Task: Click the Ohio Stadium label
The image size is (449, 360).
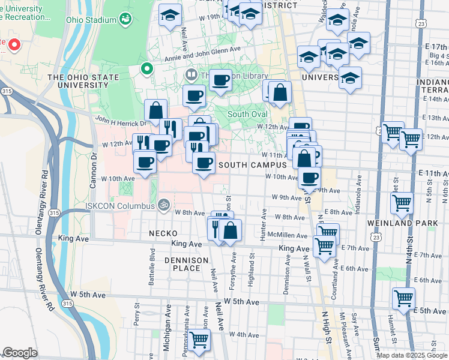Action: pos(91,20)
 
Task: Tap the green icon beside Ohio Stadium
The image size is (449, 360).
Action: pos(126,20)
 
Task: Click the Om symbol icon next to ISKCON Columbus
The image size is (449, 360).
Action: pos(163,205)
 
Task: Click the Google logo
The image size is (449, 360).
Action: pos(20,353)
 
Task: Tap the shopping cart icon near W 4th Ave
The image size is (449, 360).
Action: pos(199,340)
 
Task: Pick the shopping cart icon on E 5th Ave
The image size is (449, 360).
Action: pos(403,297)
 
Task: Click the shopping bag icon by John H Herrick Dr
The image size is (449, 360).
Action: pos(155,110)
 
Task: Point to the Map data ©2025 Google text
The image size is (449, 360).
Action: pos(411,355)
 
